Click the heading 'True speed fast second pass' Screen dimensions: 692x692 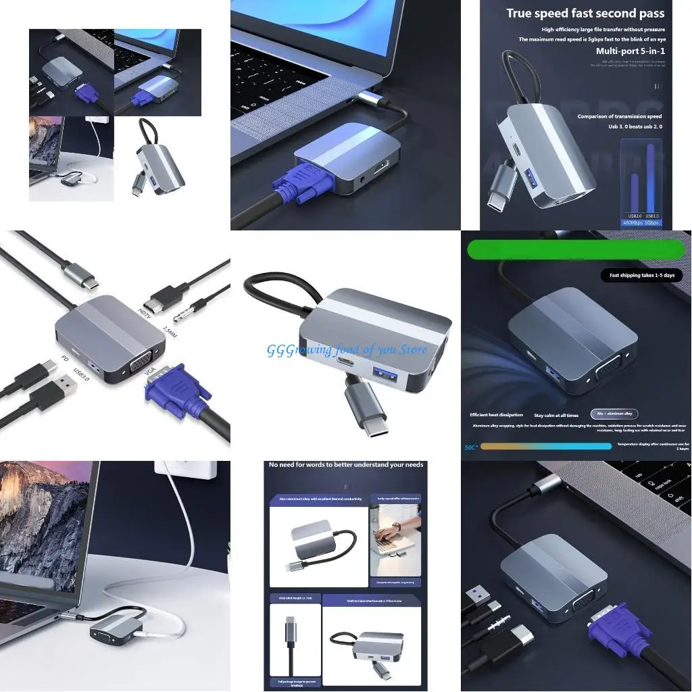[x=585, y=13]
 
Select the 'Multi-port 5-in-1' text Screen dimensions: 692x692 [x=629, y=51]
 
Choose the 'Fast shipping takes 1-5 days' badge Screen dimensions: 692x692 [x=641, y=276]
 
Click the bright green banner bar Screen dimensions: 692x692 [x=576, y=249]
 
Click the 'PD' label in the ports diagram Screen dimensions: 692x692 [x=65, y=358]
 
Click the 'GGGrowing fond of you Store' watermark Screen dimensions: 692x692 [x=347, y=349]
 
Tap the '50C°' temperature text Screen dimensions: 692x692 [x=471, y=447]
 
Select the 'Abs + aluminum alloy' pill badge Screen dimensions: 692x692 [x=614, y=414]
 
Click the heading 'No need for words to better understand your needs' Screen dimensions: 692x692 [x=346, y=465]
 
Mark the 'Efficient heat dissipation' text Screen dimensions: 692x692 [x=496, y=415]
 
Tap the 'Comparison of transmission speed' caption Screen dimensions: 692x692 [x=619, y=116]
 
